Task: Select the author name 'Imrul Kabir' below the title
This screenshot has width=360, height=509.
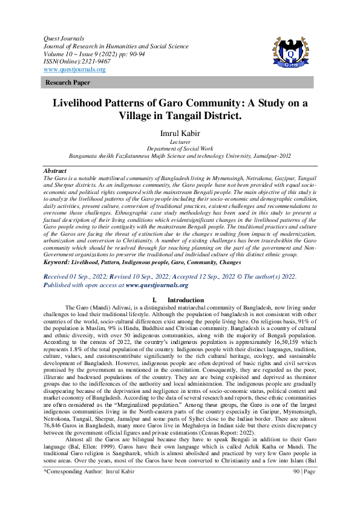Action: (x=180, y=133)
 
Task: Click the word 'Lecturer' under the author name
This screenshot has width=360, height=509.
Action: (x=180, y=142)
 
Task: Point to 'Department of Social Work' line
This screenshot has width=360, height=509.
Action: (x=180, y=149)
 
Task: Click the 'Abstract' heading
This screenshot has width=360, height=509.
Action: (x=56, y=172)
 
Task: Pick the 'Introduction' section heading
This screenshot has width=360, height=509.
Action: (x=186, y=300)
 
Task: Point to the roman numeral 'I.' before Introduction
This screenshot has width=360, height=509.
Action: (x=155, y=300)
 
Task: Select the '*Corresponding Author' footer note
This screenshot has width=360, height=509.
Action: (x=73, y=487)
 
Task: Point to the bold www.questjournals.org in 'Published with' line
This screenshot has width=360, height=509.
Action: (x=157, y=285)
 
